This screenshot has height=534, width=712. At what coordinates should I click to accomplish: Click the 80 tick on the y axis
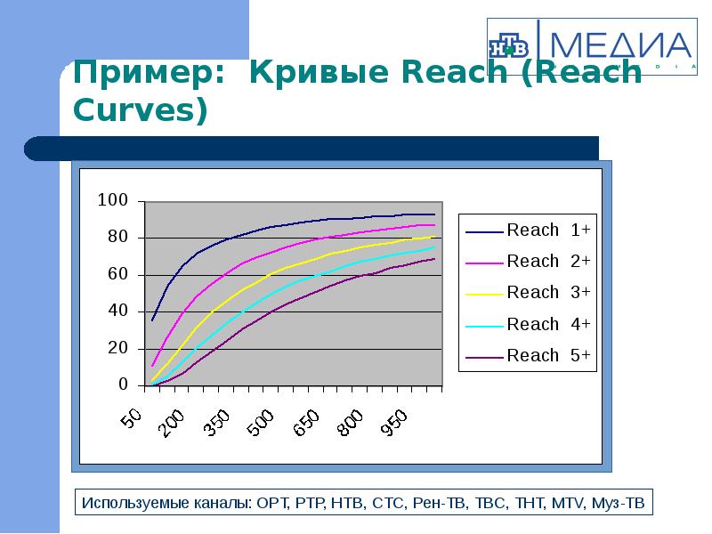coord(119,238)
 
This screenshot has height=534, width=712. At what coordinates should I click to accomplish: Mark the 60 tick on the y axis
coord(119,275)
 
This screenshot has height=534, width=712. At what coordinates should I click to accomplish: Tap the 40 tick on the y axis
coord(119,311)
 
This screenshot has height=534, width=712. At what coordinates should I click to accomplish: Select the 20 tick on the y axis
coord(119,349)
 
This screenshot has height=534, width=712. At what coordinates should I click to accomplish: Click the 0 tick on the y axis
coord(125,385)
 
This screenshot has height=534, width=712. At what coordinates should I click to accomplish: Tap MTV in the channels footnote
coord(566,504)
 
